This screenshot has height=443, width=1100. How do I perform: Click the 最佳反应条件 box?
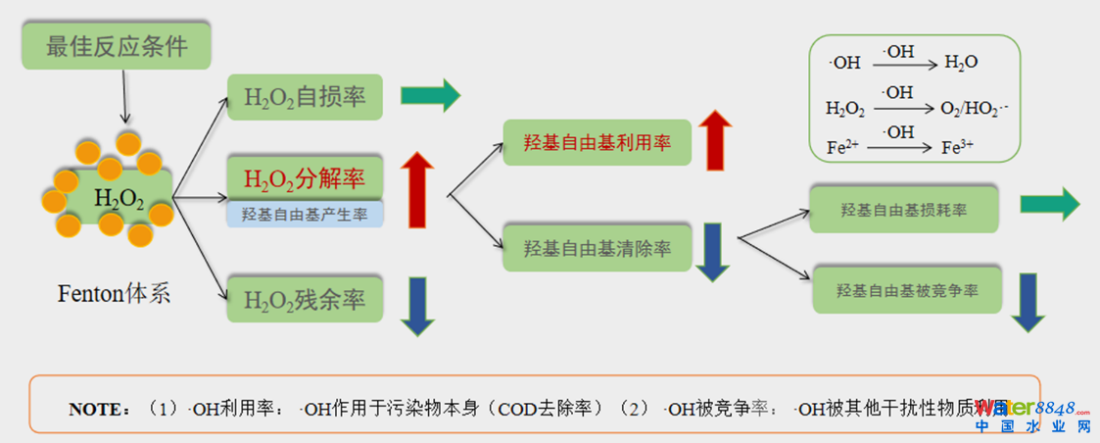coord(117,46)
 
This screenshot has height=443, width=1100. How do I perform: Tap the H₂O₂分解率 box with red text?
coord(305,177)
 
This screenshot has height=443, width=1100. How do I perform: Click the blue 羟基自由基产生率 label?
coord(305,215)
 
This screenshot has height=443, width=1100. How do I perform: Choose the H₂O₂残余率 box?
coord(305,300)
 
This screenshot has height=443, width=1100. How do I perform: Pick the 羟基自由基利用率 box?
coord(597,143)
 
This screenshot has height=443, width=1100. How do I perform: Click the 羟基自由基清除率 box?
coord(597,248)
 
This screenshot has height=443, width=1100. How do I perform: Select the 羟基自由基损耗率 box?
coord(903,209)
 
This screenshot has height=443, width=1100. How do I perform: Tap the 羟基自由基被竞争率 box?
coord(907,290)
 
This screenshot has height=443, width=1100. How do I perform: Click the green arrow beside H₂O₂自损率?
coord(430,96)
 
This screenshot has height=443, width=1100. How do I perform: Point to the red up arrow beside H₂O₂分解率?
coord(417,190)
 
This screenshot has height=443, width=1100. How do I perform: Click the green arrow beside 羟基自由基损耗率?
coord(1049,204)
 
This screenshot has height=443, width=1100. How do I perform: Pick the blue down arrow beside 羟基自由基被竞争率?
coord(1028,302)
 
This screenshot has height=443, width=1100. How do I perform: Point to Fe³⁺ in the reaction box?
coord(959,149)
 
